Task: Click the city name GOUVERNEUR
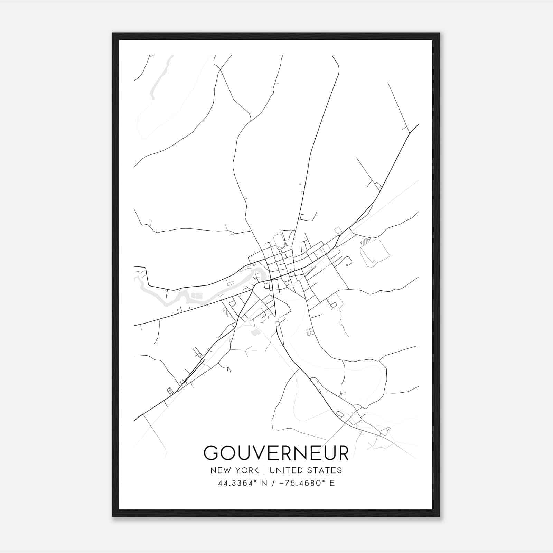point(276,453)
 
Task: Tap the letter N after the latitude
point(264,483)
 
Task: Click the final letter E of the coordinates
point(332,483)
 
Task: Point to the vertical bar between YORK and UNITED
point(264,470)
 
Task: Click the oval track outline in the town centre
point(278,241)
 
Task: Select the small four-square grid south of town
point(310,332)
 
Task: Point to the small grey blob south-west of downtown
point(256,332)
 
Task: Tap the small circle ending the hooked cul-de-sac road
point(346,265)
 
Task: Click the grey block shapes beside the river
point(197,295)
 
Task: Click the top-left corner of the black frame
point(113,34)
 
